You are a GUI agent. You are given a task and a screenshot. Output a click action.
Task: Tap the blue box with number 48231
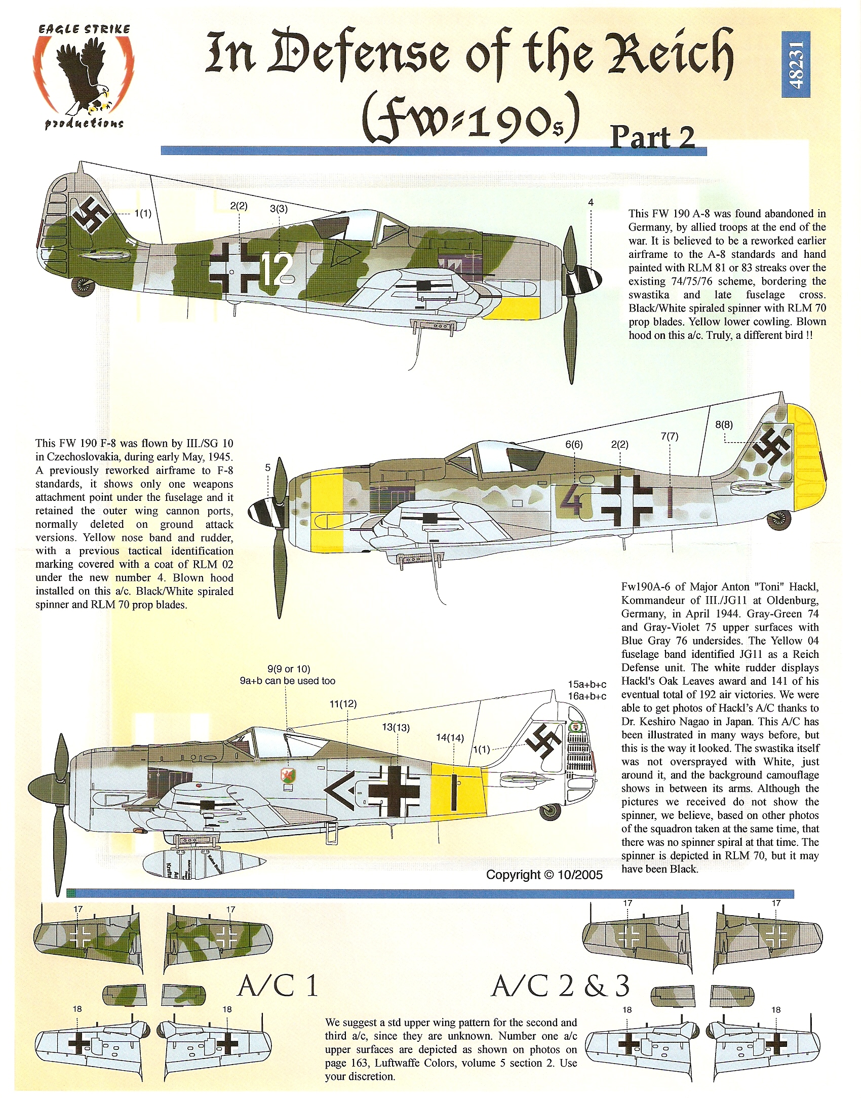click(x=796, y=64)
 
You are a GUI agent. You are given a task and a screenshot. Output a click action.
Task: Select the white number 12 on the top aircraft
click(x=277, y=269)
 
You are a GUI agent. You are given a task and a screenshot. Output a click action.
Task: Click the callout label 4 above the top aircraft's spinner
click(x=591, y=203)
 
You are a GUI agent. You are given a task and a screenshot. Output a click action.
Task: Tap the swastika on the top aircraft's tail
click(x=90, y=215)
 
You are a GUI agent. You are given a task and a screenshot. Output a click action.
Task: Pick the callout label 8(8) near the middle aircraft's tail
click(x=724, y=425)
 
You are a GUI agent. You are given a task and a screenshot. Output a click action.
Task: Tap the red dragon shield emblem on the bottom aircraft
click(x=287, y=775)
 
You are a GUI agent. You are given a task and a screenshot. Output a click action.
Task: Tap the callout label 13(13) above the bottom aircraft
click(x=396, y=727)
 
